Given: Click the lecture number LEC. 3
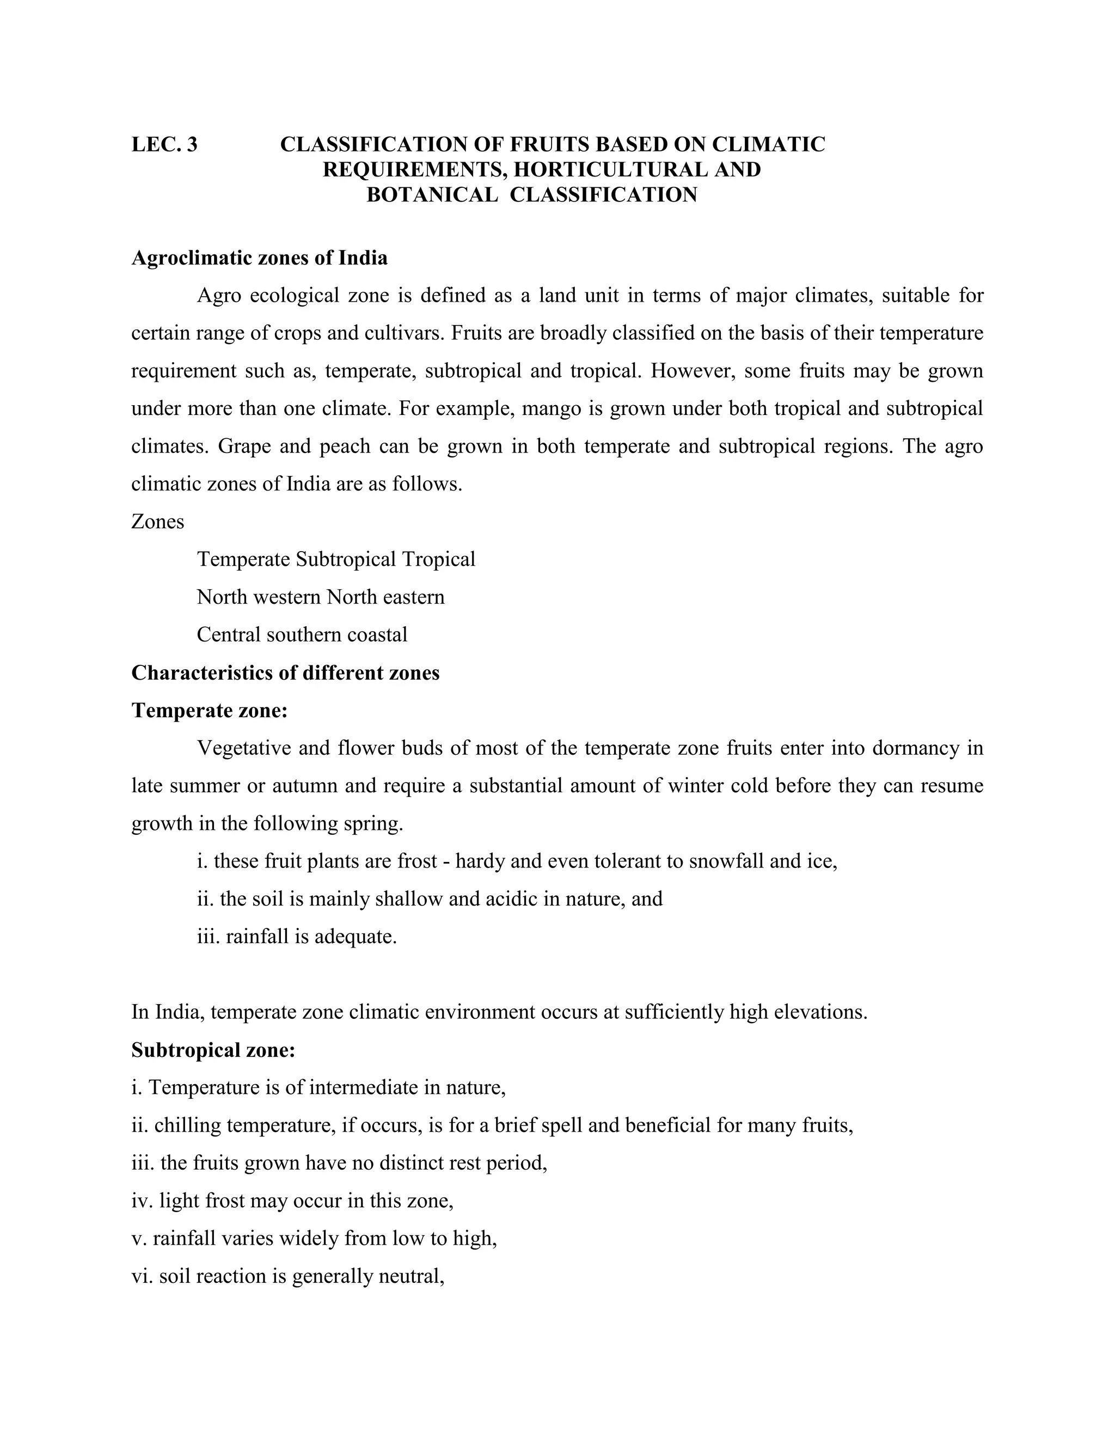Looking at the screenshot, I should point(164,144).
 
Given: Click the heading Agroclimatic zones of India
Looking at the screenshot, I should point(260,258).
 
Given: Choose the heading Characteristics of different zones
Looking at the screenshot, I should point(285,672).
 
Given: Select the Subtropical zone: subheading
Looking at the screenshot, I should point(213,1050).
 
